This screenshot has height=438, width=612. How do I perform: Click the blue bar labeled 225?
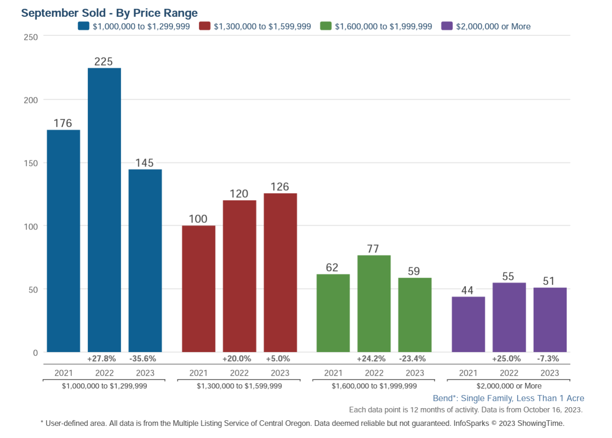[x=104, y=210]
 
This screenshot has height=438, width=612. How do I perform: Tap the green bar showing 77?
[x=374, y=303]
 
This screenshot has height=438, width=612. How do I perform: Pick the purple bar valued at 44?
[x=468, y=324]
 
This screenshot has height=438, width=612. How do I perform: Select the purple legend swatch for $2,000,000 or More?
[x=447, y=26]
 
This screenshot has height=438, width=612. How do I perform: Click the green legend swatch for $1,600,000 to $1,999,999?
[x=326, y=26]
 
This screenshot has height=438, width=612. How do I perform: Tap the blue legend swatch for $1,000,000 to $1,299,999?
[x=84, y=26]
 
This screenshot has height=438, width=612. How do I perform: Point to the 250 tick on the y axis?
[x=31, y=37]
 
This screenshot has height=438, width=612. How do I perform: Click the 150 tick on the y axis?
[x=31, y=163]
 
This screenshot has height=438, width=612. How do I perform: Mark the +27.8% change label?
[x=101, y=359]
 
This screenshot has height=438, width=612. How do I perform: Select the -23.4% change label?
[x=412, y=359]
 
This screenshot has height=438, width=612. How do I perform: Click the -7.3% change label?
[x=548, y=359]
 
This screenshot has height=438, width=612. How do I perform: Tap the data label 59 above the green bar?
[x=414, y=271]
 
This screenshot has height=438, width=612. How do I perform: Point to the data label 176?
[x=63, y=123]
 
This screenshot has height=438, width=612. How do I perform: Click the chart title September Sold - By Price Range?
[x=109, y=13]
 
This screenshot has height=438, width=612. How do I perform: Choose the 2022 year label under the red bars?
[x=239, y=373]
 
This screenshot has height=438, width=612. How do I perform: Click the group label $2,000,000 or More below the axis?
[x=509, y=386]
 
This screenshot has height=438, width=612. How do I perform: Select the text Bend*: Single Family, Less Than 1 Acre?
[x=508, y=398]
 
